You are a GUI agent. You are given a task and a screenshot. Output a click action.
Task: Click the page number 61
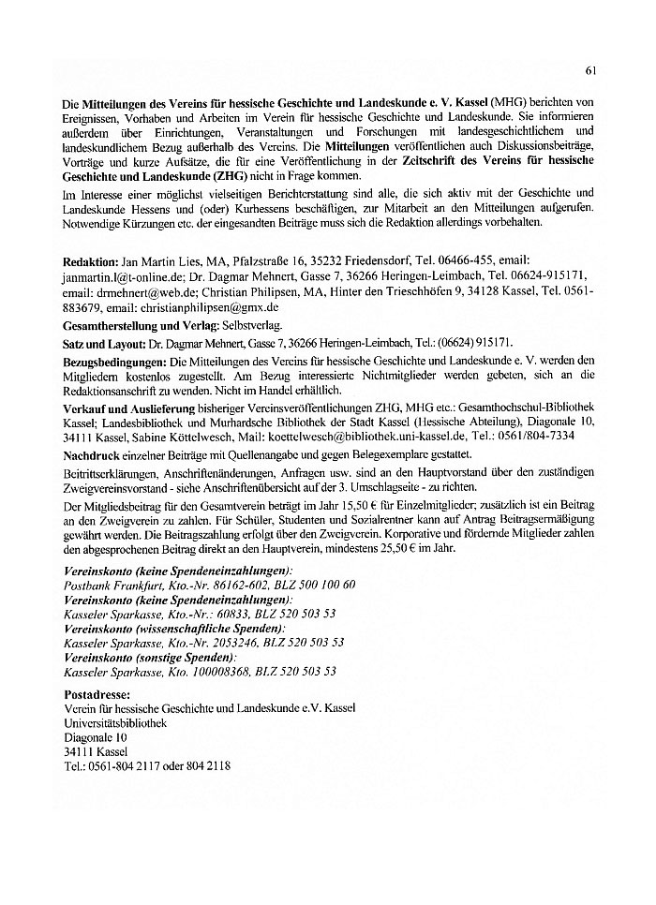(x=590, y=68)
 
